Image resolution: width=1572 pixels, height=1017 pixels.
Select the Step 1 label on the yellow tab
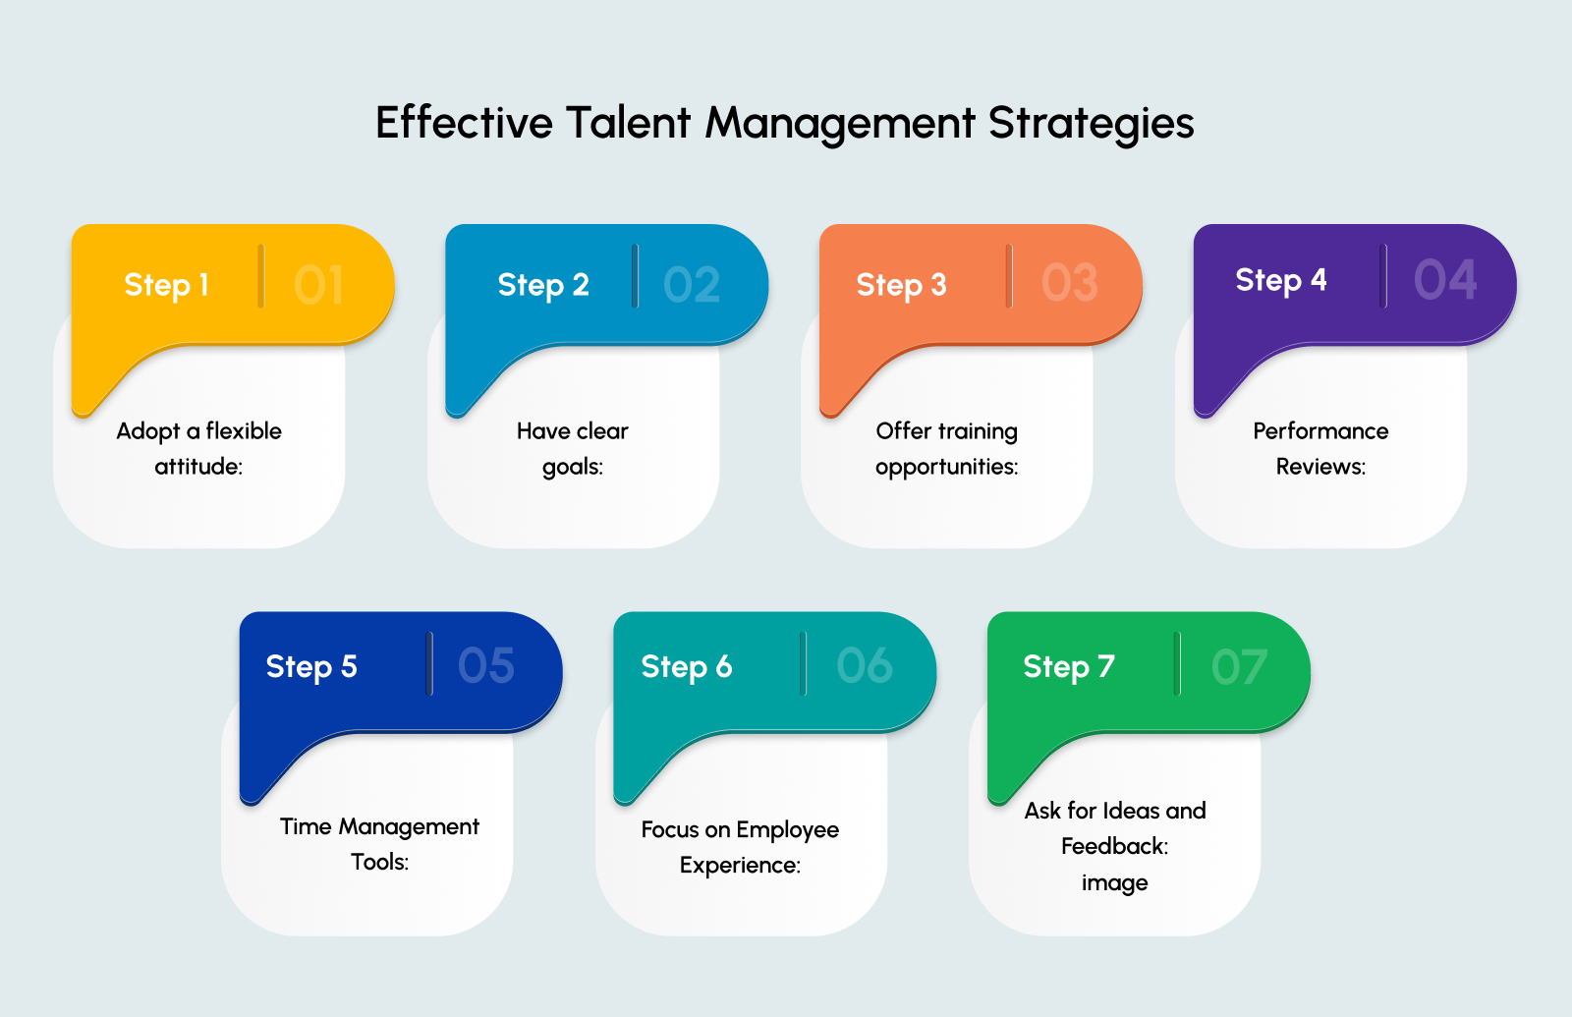pyautogui.click(x=166, y=285)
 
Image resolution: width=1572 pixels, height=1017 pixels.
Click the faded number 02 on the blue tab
pyautogui.click(x=692, y=285)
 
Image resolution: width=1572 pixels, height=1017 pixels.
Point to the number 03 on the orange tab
pyautogui.click(x=1069, y=283)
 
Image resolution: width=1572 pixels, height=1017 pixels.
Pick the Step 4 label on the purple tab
pyautogui.click(x=1280, y=281)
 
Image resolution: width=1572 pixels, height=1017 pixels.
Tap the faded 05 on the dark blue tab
pyautogui.click(x=486, y=666)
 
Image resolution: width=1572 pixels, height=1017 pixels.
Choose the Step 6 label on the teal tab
pyautogui.click(x=686, y=667)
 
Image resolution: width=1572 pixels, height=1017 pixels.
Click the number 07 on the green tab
pyautogui.click(x=1239, y=668)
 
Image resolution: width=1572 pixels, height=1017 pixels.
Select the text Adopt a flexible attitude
pyautogui.click(x=198, y=448)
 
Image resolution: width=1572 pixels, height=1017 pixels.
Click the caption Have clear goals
pyautogui.click(x=573, y=448)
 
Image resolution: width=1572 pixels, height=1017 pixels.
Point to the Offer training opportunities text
pyautogui.click(x=947, y=448)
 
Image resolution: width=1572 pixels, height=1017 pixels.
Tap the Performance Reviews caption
pyautogui.click(x=1320, y=448)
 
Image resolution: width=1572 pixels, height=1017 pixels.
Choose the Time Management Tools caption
pyautogui.click(x=379, y=844)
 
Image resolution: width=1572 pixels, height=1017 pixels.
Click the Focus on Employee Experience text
pyautogui.click(x=740, y=847)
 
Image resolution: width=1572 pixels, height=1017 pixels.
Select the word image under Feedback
pyautogui.click(x=1114, y=882)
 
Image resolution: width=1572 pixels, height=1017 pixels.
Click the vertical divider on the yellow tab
pyautogui.click(x=260, y=276)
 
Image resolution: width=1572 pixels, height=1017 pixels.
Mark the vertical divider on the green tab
pyautogui.click(x=1176, y=664)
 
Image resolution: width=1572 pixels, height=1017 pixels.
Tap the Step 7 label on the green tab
pyautogui.click(x=1068, y=667)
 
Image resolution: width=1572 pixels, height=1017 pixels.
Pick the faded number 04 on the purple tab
pyautogui.click(x=1444, y=281)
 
